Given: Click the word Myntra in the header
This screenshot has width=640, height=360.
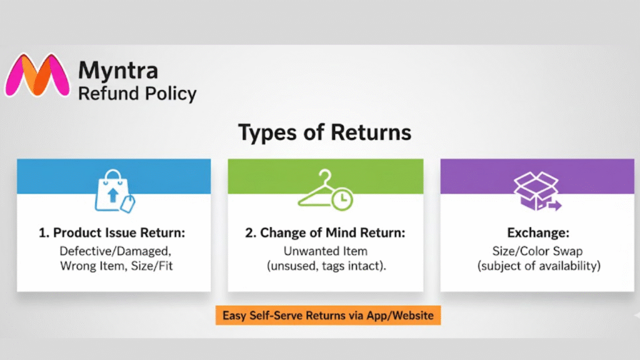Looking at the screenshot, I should (117, 70).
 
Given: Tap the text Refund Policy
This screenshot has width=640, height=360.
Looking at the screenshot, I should (137, 94).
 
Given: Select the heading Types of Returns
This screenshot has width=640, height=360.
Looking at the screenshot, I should (325, 132).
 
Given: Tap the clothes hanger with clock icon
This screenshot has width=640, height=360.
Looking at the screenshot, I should (325, 191).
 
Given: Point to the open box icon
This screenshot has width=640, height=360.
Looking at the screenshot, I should (536, 191).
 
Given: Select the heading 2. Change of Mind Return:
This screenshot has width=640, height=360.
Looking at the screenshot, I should (325, 232).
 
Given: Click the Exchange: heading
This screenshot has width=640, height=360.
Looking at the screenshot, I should (537, 232).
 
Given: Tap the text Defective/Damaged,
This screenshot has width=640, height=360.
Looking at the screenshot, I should (114, 251).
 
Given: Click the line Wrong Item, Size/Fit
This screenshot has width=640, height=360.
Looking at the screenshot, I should (114, 266).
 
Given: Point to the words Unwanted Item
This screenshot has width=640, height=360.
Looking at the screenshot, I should (325, 251).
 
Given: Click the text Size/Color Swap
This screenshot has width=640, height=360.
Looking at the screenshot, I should (537, 251).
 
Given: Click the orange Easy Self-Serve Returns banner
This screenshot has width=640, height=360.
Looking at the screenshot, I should (328, 316).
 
